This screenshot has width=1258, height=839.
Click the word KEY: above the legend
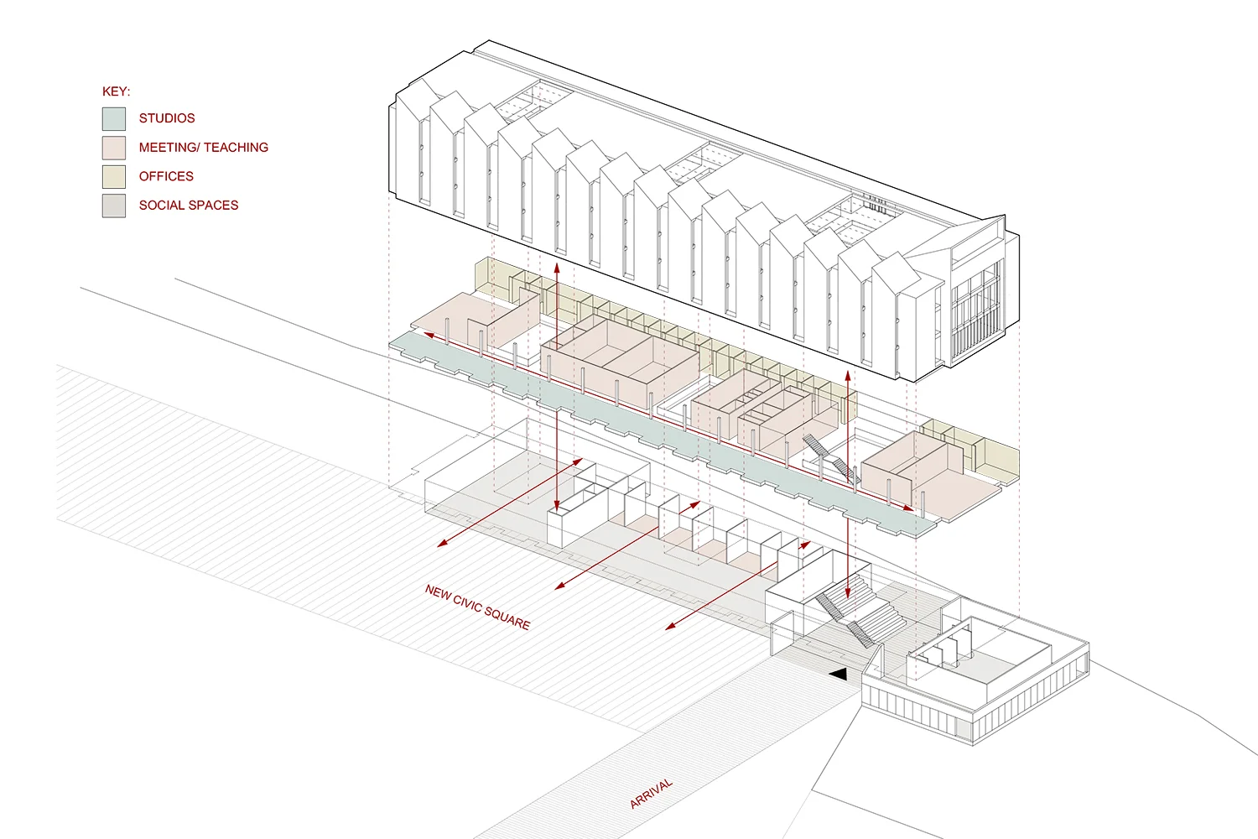click(x=116, y=91)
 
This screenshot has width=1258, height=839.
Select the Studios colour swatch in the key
click(x=114, y=119)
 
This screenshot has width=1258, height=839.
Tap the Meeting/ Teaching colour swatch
click(x=114, y=148)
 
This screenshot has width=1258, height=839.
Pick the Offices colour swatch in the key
click(x=114, y=177)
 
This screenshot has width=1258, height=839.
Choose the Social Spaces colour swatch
click(x=114, y=206)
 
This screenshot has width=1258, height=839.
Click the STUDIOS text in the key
click(x=167, y=118)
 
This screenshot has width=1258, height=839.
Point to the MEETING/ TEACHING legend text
click(x=204, y=148)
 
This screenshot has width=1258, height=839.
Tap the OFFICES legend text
click(x=166, y=176)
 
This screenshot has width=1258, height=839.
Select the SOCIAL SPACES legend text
click(x=189, y=206)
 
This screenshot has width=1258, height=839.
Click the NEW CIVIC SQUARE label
click(x=477, y=607)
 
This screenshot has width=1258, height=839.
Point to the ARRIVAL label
click(x=651, y=793)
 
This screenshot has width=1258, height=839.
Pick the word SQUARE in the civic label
click(x=507, y=618)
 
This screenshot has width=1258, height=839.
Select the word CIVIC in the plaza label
click(x=468, y=603)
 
